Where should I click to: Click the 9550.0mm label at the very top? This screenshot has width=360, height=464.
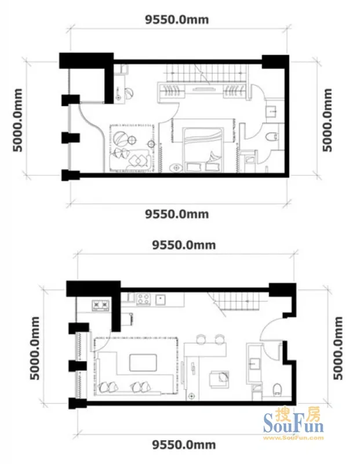point(177,20)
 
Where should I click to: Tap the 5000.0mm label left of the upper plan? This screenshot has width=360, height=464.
point(18,120)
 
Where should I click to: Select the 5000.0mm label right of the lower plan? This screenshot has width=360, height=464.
point(338,348)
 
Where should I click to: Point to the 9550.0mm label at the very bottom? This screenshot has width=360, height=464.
point(184,444)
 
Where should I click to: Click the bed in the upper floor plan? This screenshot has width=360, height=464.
point(202,150)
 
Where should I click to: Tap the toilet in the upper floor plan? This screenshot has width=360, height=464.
point(272,137)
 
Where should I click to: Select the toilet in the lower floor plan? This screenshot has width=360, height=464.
point(277,389)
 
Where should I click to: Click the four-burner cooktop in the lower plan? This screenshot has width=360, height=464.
point(143,299)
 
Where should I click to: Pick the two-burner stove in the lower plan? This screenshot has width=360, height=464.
point(100,305)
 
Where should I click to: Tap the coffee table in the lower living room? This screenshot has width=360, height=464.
point(143,362)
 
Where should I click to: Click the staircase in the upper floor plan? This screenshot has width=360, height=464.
point(206,73)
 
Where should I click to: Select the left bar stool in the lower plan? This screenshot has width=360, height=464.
point(201,339)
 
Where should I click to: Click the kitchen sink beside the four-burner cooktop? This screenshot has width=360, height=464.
point(161,299)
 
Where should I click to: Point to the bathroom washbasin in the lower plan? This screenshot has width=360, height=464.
point(254,364)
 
